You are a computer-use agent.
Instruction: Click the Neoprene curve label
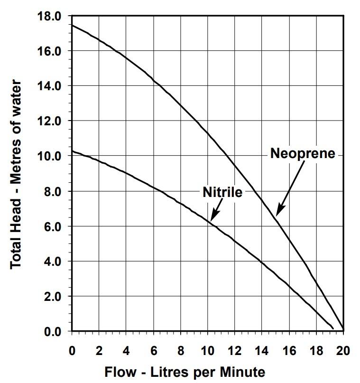pyautogui.click(x=302, y=153)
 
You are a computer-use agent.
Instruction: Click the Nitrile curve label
pyautogui.click(x=222, y=192)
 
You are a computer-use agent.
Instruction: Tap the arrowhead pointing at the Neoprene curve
pyautogui.click(x=278, y=212)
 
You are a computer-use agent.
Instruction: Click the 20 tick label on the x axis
pyautogui.click(x=343, y=351)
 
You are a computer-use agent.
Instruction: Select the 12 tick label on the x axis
pyautogui.click(x=234, y=351)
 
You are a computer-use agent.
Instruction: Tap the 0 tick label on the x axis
pyautogui.click(x=72, y=351)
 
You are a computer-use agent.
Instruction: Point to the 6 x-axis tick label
pyautogui.click(x=153, y=351)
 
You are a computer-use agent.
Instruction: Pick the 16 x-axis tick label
pyautogui.click(x=289, y=351)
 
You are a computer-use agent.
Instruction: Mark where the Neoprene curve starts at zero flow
pyautogui.click(x=72, y=25)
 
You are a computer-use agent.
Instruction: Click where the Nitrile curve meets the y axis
pyautogui.click(x=72, y=151)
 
